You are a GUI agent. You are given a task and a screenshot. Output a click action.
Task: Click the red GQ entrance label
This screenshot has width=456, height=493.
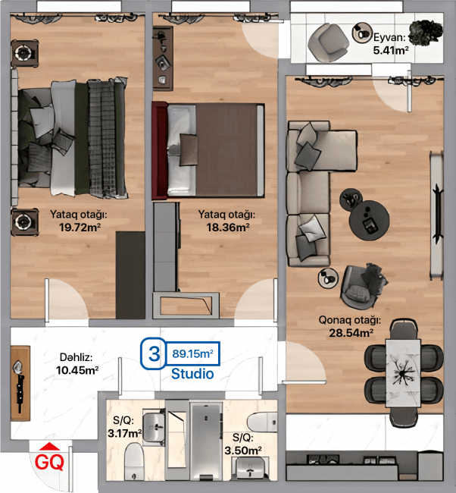click(x=49, y=462)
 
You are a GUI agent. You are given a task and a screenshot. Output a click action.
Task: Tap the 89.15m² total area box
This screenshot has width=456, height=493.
click(x=192, y=353)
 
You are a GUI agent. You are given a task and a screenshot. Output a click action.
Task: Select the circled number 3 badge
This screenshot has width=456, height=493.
click(x=154, y=353)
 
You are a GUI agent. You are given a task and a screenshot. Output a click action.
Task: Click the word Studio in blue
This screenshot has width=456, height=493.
click(x=192, y=374)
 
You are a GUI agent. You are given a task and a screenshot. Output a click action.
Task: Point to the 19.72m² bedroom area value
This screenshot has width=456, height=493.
click(x=80, y=227)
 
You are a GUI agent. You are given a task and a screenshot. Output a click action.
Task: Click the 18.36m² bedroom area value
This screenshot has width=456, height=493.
click(x=228, y=227)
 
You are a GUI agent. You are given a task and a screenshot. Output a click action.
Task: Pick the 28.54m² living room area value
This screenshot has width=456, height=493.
click(x=351, y=333)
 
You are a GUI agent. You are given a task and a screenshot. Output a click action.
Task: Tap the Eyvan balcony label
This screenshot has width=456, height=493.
click(x=389, y=38)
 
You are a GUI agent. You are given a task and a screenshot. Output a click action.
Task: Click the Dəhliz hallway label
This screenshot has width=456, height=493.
click(x=76, y=357)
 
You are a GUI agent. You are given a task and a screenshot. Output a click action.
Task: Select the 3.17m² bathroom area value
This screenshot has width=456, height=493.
click(x=125, y=434)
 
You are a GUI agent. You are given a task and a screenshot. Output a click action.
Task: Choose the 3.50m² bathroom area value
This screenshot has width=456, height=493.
click(x=243, y=451)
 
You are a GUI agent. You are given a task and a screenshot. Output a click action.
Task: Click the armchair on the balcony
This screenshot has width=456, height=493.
click(x=328, y=42)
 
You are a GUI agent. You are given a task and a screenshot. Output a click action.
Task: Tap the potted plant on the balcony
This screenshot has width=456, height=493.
click(x=425, y=33)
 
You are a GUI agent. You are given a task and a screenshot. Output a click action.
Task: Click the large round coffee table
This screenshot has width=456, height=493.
click(x=370, y=221)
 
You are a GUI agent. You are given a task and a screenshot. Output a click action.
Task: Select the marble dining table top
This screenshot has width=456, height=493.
click(x=403, y=373)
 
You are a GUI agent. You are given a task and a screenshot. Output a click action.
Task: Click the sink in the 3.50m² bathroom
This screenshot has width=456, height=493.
click(x=250, y=469)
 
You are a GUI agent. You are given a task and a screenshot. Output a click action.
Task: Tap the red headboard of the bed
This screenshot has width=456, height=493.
click(x=159, y=151)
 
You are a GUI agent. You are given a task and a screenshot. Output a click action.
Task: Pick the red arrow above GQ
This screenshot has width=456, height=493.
click(x=50, y=447)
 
